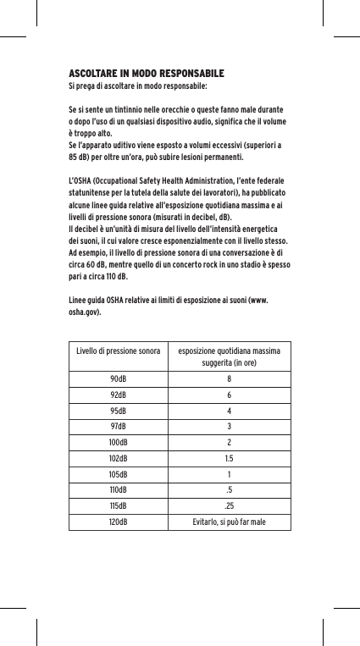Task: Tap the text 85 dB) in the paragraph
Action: click(x=81, y=157)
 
